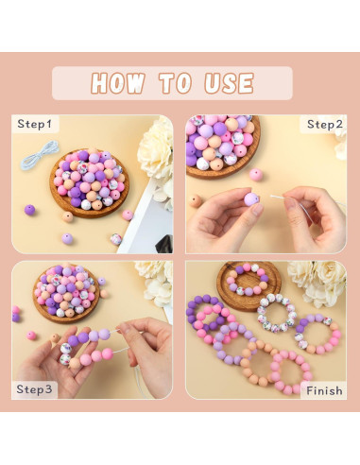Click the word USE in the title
221,83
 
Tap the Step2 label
325,124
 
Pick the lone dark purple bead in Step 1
30,210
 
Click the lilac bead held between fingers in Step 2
251,199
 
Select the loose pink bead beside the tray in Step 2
256,175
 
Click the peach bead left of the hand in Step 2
196,201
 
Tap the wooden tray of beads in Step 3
69,293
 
